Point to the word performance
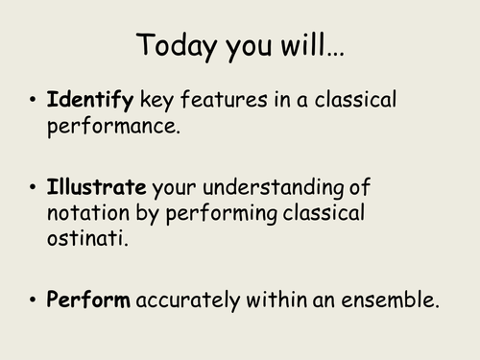(112, 126)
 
